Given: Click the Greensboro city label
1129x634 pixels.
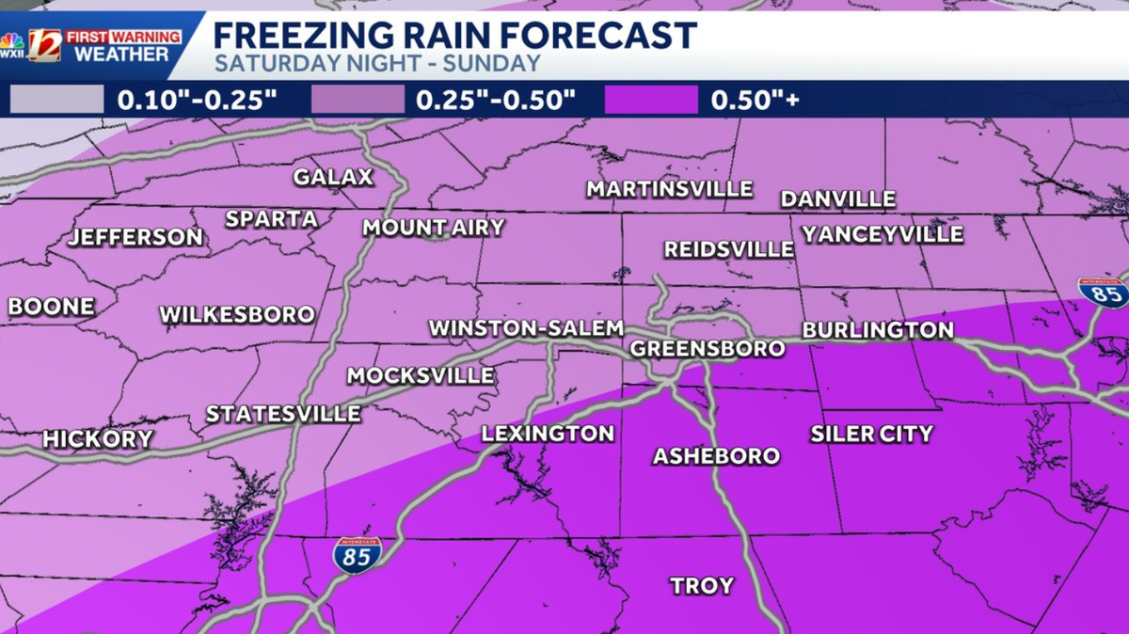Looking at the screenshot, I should pos(708,348).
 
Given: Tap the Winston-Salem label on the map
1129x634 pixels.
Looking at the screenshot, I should pos(526,328).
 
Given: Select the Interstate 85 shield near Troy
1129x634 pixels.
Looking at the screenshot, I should pos(357,555).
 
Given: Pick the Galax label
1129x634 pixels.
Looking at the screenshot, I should pos(333,177).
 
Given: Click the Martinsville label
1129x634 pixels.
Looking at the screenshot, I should pos(670,189).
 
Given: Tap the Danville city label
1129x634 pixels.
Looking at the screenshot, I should pos(837,199).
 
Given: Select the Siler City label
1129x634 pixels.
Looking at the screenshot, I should pos(871,434).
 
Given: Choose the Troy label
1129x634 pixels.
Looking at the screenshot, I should pos(702,586).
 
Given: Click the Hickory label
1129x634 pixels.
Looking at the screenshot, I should pos(97,438).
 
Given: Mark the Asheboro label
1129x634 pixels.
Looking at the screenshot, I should pos(717,456).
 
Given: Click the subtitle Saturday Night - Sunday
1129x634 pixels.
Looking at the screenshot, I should pos(377,64).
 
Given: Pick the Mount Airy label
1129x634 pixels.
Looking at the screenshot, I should pos(434,227).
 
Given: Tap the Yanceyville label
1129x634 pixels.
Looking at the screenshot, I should pos(883,233).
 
